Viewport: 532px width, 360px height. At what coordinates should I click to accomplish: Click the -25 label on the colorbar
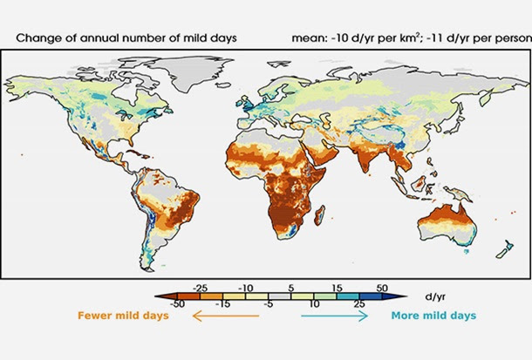click(x=200, y=286)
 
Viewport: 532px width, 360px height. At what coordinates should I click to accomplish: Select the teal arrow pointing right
click(x=335, y=317)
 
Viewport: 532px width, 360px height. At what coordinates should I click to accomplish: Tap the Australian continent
click(x=444, y=218)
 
